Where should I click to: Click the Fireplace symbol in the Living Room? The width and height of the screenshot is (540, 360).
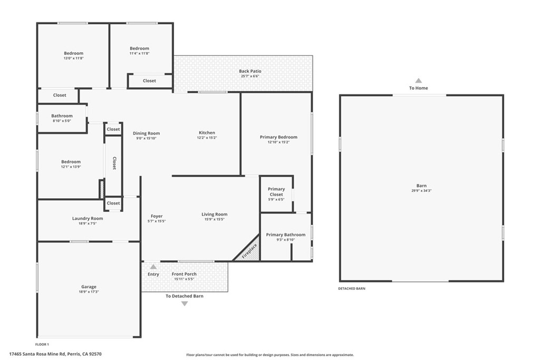click(x=249, y=250)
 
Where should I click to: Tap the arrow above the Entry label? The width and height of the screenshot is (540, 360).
click(x=153, y=267)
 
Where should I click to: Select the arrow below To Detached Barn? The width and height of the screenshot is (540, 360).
click(x=184, y=304)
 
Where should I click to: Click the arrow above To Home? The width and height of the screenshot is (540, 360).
click(x=418, y=81)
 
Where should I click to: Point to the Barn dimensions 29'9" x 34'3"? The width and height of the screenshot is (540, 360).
click(x=421, y=191)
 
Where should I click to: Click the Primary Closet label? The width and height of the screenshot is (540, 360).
click(x=276, y=192)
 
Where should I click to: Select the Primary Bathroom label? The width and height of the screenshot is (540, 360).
click(x=285, y=235)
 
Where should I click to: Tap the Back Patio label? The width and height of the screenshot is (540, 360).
click(x=250, y=71)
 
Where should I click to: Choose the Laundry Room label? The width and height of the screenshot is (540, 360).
click(x=88, y=218)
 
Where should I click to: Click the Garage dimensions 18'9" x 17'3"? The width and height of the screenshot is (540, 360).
click(x=89, y=291)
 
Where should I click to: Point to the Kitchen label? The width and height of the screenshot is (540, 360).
click(x=207, y=133)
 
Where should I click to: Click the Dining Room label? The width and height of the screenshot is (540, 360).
click(x=146, y=133)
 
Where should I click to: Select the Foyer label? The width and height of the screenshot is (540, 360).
click(x=157, y=216)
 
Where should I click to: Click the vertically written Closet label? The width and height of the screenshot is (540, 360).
click(x=114, y=164)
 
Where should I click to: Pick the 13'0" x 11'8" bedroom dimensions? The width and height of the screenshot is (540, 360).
click(x=73, y=58)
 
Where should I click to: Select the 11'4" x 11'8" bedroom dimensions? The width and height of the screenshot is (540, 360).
click(x=139, y=53)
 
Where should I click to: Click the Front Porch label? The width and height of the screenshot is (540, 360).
click(x=184, y=274)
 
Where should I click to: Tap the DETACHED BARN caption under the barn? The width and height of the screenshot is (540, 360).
click(x=352, y=289)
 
